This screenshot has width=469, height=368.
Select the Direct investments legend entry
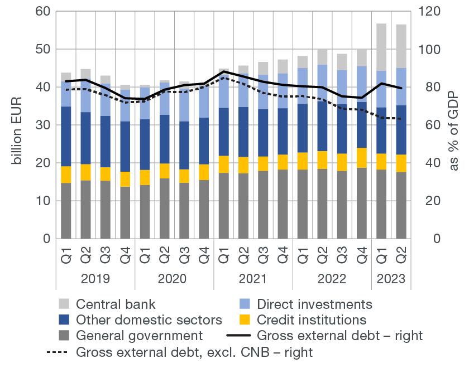(x=314, y=304)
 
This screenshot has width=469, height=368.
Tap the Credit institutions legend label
(x=312, y=320)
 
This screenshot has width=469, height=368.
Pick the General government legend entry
(x=139, y=336)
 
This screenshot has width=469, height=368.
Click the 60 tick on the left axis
(x=43, y=12)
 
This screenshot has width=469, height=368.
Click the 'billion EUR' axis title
(x=17, y=125)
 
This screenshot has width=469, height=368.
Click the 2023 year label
(x=391, y=279)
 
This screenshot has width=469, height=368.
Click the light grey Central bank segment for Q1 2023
(x=381, y=47)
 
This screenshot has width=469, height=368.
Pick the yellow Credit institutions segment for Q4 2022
(x=362, y=158)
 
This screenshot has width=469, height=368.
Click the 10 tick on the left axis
(x=43, y=201)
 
